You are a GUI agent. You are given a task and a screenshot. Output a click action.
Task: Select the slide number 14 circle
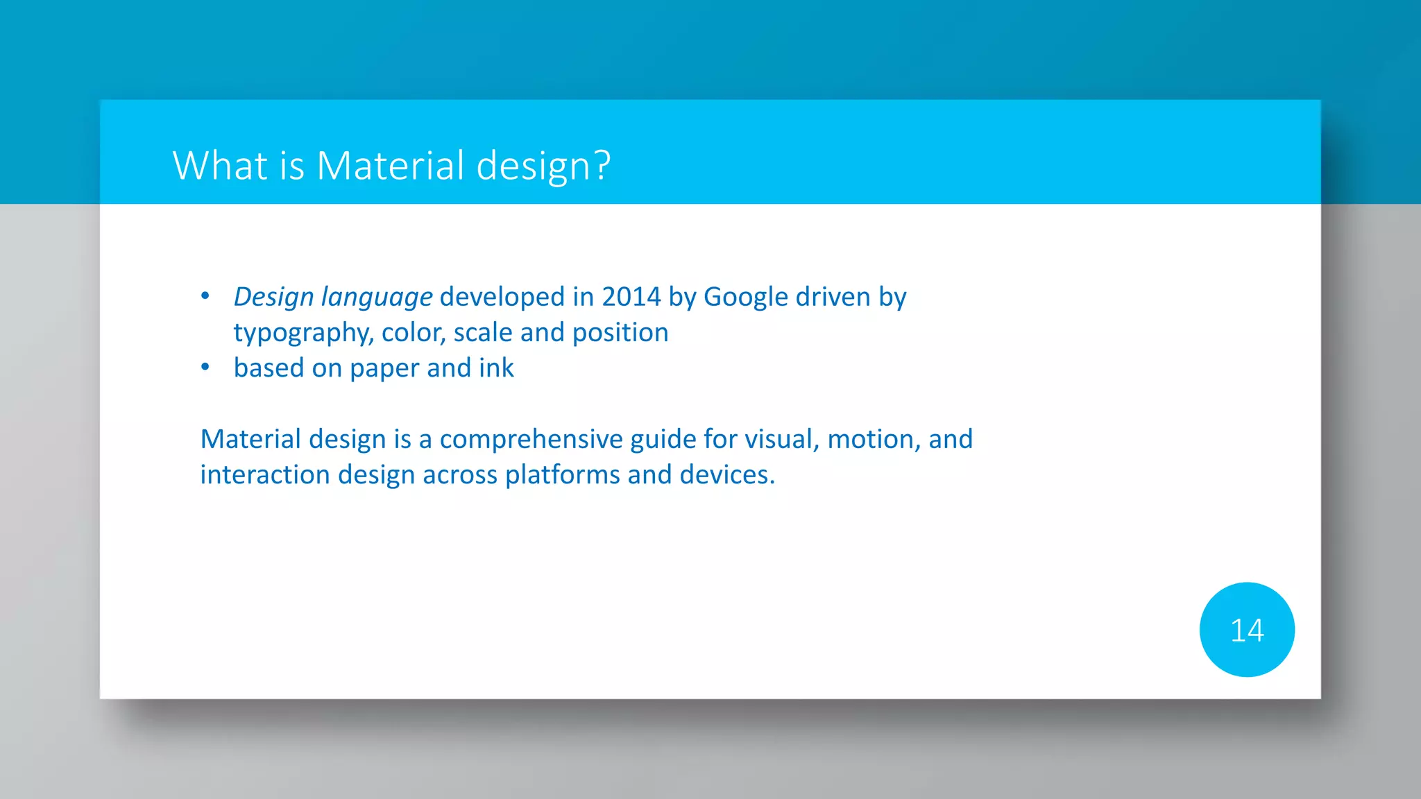click(x=1246, y=630)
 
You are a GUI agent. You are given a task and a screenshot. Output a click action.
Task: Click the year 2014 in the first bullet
click(x=631, y=297)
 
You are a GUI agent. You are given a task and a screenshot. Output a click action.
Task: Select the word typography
click(x=304, y=334)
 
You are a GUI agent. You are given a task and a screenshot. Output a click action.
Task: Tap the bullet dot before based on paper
click(x=205, y=367)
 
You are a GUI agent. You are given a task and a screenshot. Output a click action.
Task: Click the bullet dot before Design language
click(x=205, y=296)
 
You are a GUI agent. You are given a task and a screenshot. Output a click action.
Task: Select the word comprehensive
click(x=531, y=440)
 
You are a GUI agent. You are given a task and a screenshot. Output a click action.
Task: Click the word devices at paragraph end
click(x=726, y=475)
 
